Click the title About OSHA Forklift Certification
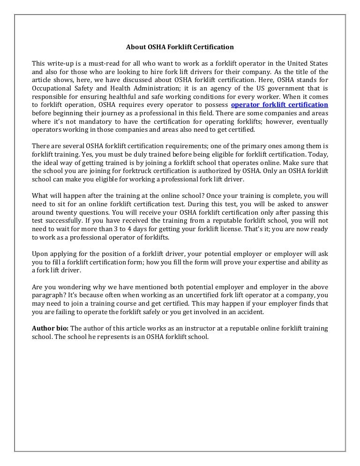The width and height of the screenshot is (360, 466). (180, 47)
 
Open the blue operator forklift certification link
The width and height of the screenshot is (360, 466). (280, 104)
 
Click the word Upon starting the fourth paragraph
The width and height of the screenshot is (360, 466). (40, 254)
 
